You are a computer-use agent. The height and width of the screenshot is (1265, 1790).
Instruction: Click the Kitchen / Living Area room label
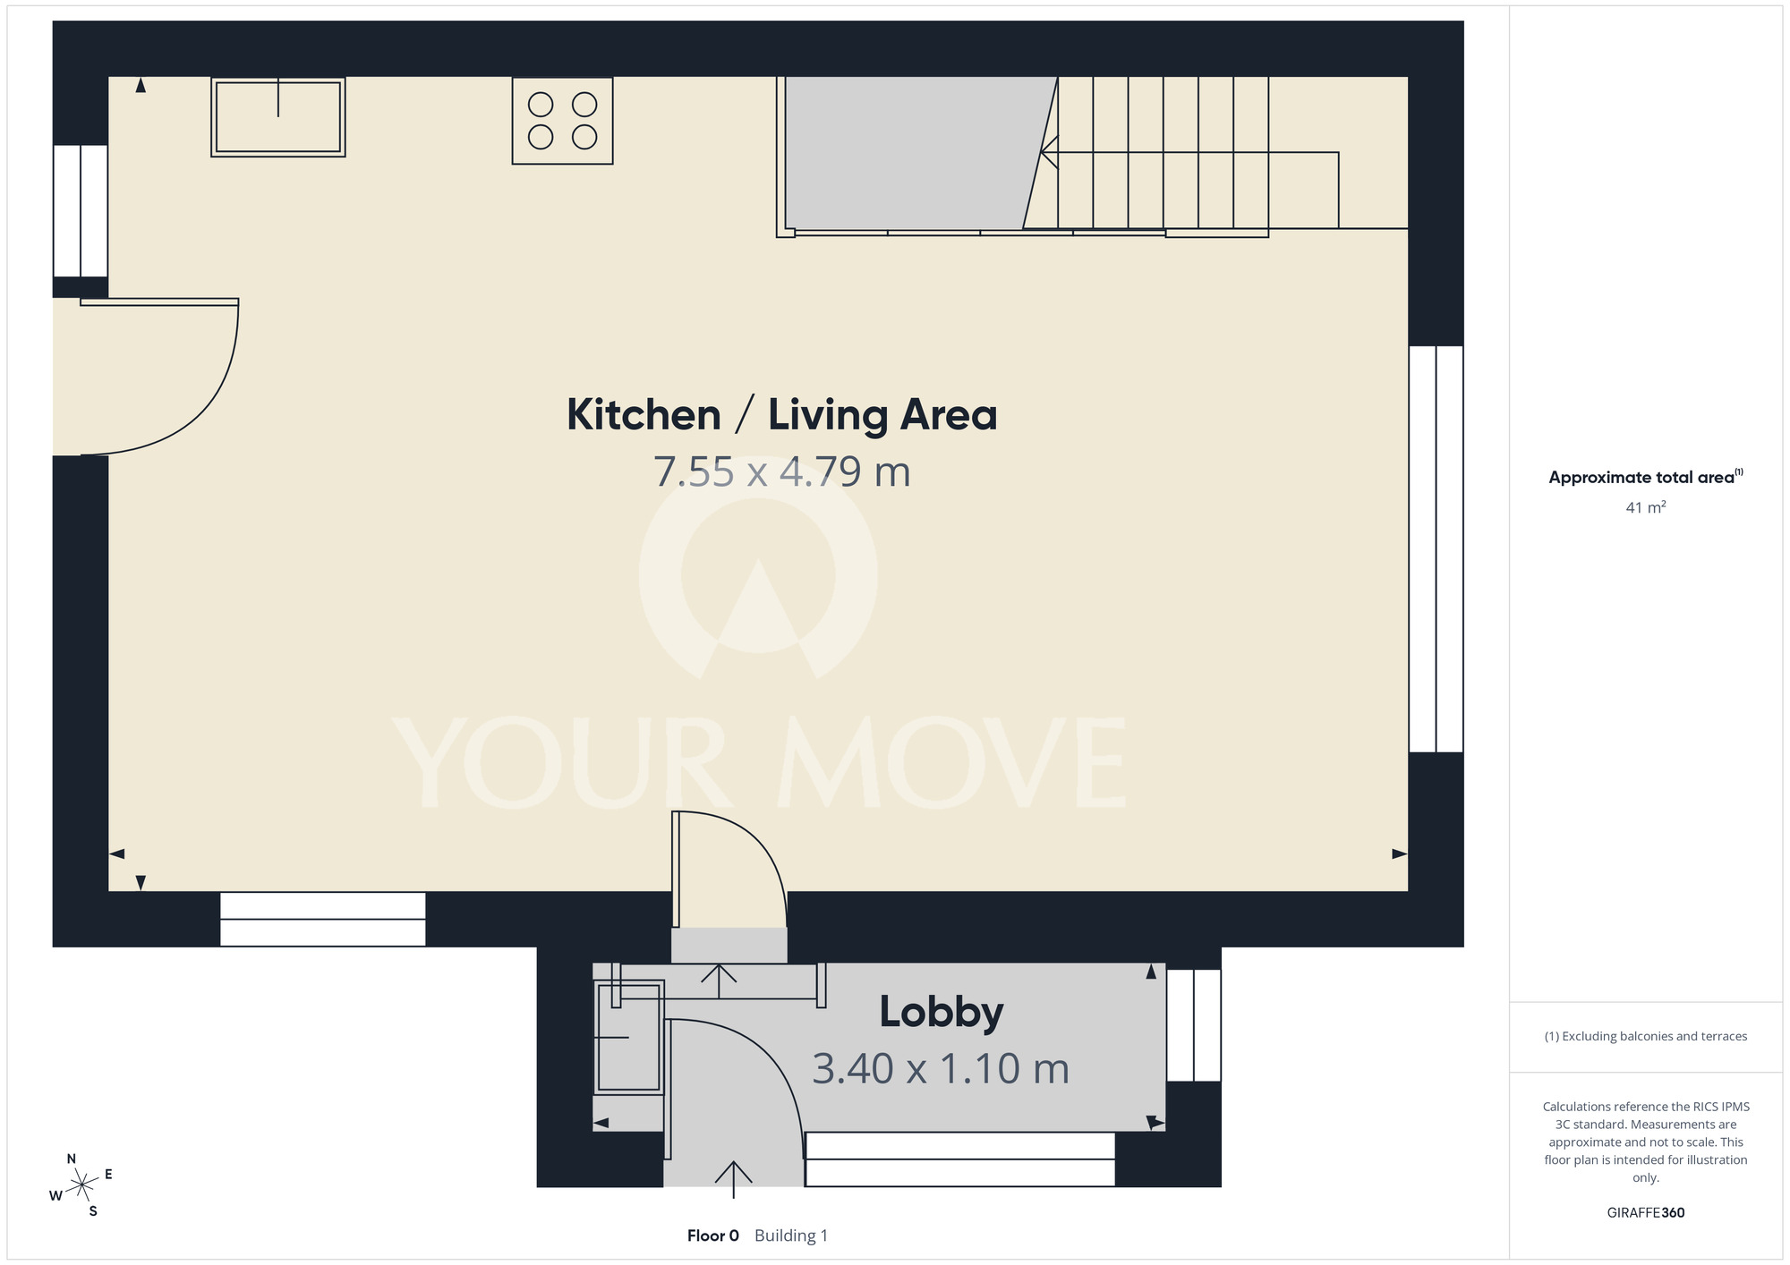point(781,415)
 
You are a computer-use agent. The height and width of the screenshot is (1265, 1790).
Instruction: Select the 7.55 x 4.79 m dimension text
point(781,471)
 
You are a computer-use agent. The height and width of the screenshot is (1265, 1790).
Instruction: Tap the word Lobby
point(942,1013)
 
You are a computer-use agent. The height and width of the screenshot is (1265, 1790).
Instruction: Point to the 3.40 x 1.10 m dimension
point(941,1068)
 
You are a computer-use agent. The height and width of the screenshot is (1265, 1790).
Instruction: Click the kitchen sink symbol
point(278,117)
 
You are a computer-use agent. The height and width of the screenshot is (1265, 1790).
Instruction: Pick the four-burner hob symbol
point(562,121)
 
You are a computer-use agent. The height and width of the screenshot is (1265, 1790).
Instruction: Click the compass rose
point(81,1184)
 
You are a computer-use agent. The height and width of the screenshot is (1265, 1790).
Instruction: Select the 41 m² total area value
point(1645,507)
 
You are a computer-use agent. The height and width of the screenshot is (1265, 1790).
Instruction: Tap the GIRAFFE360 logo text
point(1645,1213)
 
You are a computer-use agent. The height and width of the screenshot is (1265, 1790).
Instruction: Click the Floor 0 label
point(713,1235)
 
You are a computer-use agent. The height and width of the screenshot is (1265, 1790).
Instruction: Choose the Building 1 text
point(791,1235)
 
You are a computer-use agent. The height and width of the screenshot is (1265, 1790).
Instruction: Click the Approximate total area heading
point(1645,477)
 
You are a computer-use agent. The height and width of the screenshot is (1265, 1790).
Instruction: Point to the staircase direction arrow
point(1190,153)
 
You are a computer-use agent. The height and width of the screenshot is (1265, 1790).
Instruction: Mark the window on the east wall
point(1436,549)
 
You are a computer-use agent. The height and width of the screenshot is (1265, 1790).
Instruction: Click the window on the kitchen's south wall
point(323,919)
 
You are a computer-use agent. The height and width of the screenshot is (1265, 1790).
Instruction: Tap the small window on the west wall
point(81,211)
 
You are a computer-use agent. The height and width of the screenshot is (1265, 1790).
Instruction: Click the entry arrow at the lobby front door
point(733,1179)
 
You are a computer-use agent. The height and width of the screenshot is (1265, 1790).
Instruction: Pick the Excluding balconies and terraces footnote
point(1645,1036)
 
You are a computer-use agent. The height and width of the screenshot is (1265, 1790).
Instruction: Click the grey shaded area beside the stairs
point(913,153)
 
